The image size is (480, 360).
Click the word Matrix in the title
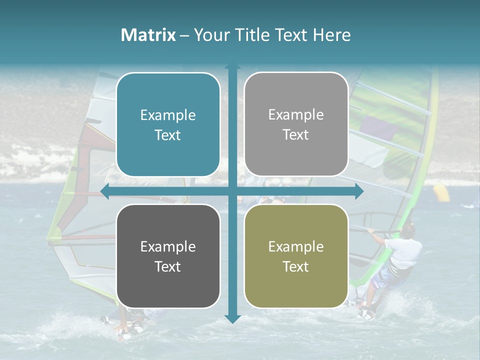(148, 35)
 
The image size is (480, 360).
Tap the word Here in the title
(331, 35)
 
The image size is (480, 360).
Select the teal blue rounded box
(168, 124)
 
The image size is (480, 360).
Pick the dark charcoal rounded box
(168, 256)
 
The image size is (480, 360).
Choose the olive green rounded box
(296, 256)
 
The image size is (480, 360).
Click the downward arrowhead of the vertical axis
(232, 319)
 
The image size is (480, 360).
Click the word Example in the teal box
(168, 115)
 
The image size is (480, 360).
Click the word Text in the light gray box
(296, 135)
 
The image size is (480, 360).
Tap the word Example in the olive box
(296, 246)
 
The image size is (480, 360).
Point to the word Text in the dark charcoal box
(168, 266)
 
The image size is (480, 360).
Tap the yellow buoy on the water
(441, 193)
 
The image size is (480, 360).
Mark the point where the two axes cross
(232, 191)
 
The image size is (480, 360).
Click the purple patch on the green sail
(378, 128)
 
